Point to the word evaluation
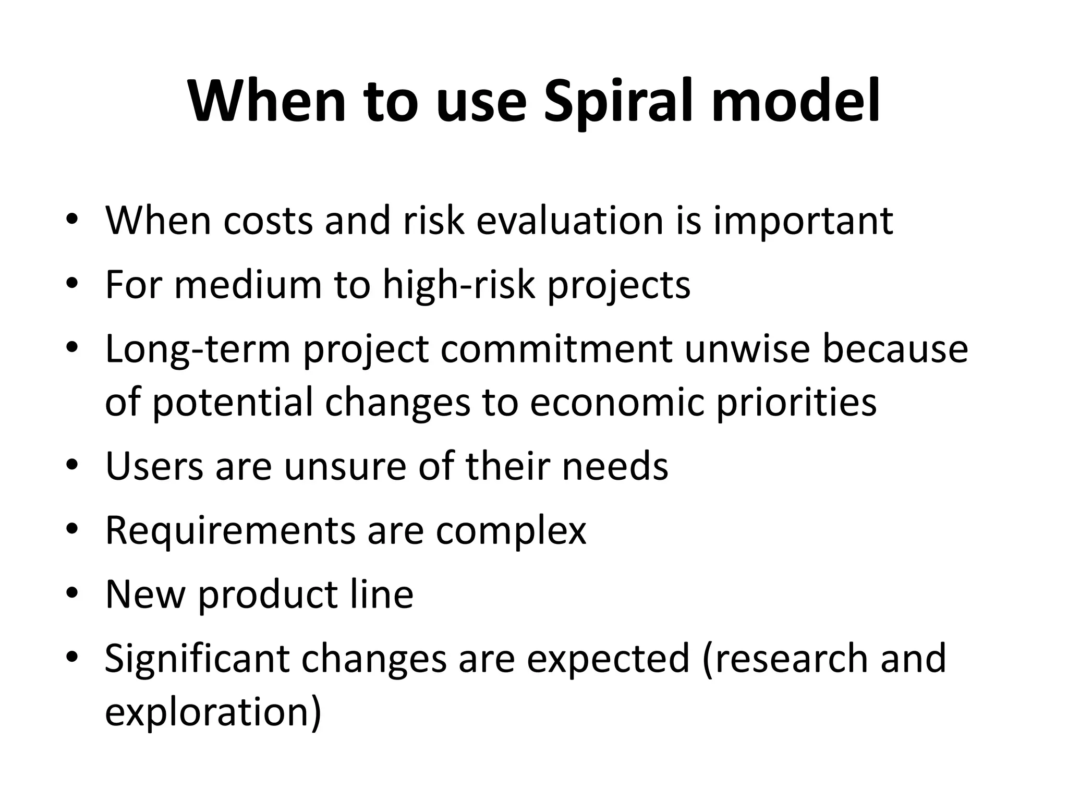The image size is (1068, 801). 570,221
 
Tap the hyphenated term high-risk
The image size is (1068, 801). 459,286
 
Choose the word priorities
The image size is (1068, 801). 796,403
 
